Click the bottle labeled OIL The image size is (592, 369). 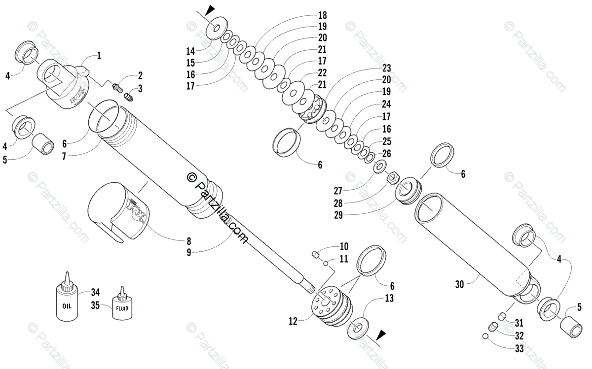(67, 302)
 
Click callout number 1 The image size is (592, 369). (99, 56)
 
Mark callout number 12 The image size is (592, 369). (293, 322)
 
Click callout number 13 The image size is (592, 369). (389, 298)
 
